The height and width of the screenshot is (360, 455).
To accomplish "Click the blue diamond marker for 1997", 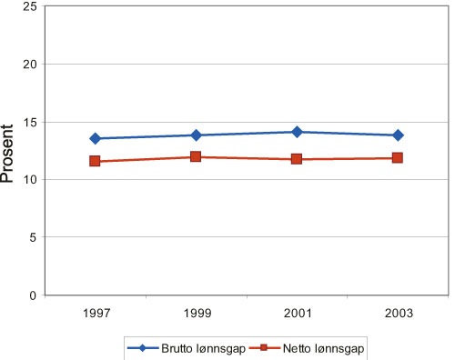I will (x=95, y=138).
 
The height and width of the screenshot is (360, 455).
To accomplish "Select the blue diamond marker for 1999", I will (x=196, y=135).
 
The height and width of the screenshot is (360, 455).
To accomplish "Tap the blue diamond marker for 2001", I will (x=297, y=132).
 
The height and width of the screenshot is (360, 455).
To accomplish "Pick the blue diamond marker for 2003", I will (x=398, y=135).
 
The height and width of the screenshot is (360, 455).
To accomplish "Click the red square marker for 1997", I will (x=95, y=161).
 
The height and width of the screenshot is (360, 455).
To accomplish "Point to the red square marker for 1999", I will (x=196, y=157).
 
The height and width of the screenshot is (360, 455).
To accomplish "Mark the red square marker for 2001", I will (x=297, y=159).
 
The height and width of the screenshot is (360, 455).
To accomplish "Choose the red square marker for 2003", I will (x=398, y=158).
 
